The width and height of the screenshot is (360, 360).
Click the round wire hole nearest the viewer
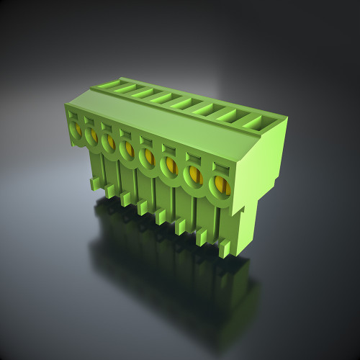click(220, 186)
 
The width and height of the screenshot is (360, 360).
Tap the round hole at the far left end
click(75, 130)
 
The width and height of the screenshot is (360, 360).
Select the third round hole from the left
click(109, 143)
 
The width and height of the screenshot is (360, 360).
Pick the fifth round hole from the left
click(147, 157)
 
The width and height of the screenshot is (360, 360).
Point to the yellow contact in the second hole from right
click(194, 175)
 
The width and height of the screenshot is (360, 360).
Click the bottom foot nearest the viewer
click(225, 249)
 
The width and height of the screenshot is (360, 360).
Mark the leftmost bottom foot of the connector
click(96, 184)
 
